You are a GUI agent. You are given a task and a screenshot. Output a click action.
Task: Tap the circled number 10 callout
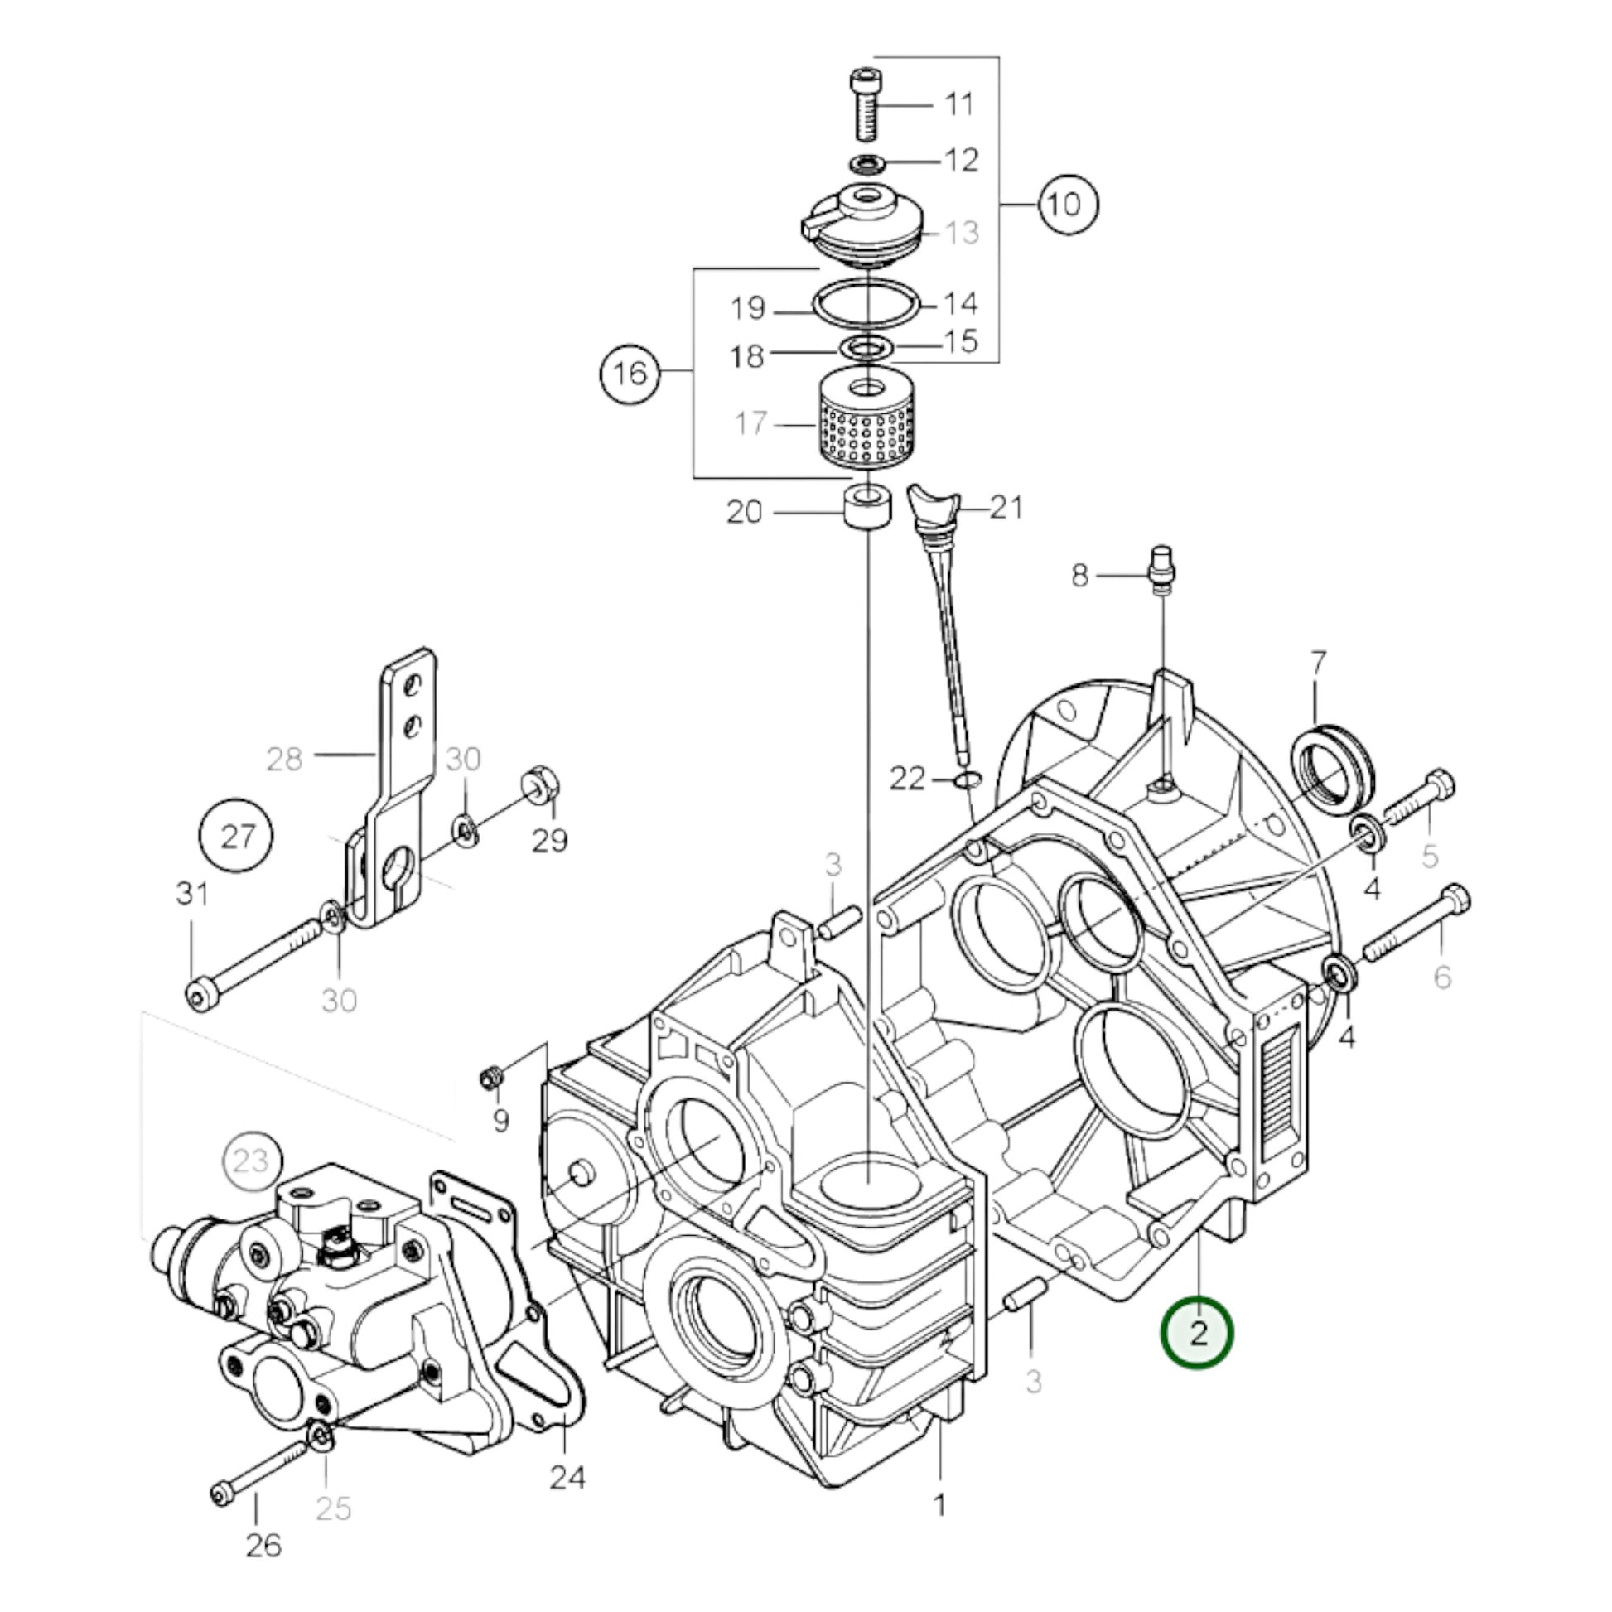tap(1067, 205)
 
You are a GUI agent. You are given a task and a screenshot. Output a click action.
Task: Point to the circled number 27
tap(237, 835)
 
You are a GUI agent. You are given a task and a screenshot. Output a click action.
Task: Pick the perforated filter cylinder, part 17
tap(870, 425)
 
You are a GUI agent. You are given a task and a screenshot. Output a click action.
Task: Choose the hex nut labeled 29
tap(541, 784)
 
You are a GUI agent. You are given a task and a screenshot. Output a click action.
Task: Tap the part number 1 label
tap(939, 1505)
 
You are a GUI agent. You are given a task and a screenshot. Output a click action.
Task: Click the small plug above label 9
tap(491, 1079)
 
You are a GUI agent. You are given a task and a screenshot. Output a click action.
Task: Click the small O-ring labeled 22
tap(967, 780)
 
